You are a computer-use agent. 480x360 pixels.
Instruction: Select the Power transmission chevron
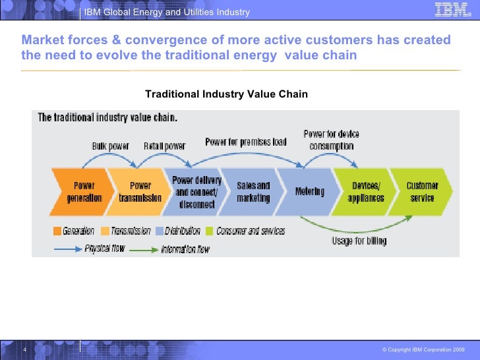[x=136, y=191]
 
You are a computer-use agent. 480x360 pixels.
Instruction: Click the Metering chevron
[x=309, y=191]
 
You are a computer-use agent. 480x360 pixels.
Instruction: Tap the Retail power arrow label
[x=165, y=146]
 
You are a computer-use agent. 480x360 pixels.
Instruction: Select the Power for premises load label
[x=245, y=142]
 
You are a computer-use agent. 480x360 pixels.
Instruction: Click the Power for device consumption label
[x=331, y=140]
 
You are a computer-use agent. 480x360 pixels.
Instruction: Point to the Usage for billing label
[x=359, y=241]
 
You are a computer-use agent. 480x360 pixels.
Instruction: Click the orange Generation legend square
[x=57, y=231]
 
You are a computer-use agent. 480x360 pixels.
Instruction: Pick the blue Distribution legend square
[x=160, y=231]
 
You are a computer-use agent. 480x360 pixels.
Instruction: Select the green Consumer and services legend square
[x=210, y=231]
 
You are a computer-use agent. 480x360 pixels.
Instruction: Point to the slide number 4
[x=24, y=349]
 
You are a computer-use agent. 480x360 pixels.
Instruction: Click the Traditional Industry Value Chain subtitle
[x=226, y=94]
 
